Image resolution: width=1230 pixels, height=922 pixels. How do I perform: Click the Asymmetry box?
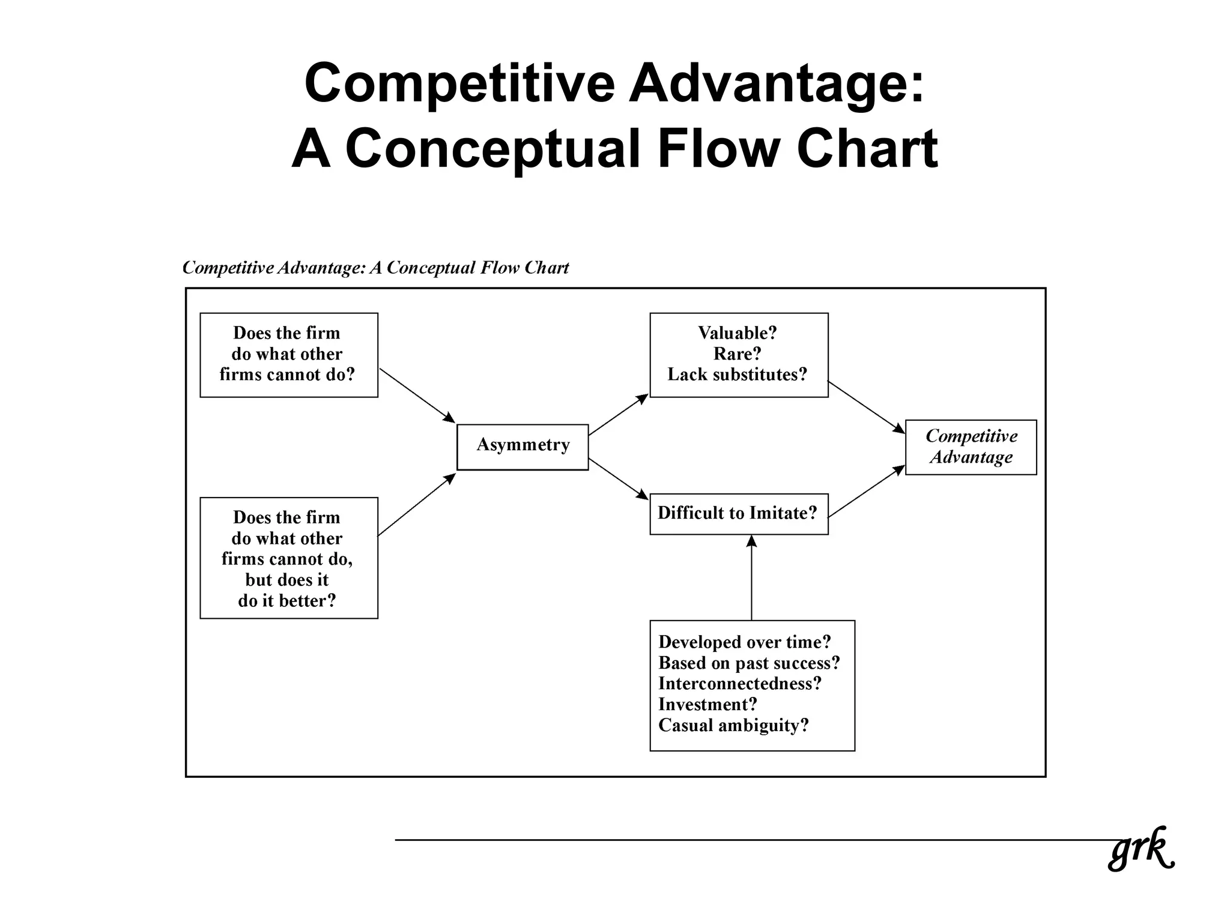tap(523, 447)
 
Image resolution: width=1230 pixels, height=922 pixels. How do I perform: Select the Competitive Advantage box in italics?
tap(971, 447)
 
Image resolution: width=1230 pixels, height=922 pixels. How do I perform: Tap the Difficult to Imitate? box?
tap(738, 514)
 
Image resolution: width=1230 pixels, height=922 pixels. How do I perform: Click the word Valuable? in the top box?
tap(738, 333)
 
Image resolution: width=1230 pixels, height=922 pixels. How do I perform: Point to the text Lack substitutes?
tap(738, 375)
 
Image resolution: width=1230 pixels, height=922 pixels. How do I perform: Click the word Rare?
tap(738, 354)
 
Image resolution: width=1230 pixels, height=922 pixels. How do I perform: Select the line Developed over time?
tap(745, 642)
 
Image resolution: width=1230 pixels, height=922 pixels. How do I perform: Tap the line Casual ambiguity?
tap(733, 725)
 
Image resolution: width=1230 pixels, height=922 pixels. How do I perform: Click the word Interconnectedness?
tap(740, 684)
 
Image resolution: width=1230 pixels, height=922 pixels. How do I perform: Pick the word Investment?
tap(707, 704)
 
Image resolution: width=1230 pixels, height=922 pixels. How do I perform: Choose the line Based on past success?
tap(749, 663)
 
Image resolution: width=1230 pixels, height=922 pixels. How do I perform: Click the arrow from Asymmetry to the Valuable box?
tap(618, 415)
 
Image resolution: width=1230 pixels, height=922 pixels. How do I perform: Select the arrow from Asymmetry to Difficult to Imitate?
tap(618, 478)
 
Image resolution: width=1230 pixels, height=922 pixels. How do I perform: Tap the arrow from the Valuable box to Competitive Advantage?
tap(865, 407)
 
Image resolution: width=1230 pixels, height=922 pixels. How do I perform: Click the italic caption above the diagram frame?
tap(375, 268)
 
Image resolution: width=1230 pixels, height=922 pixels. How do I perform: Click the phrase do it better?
tap(287, 601)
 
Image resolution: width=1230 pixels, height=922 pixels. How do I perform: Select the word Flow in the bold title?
tap(719, 148)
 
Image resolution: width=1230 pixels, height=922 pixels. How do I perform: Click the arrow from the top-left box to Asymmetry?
tap(417, 395)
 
